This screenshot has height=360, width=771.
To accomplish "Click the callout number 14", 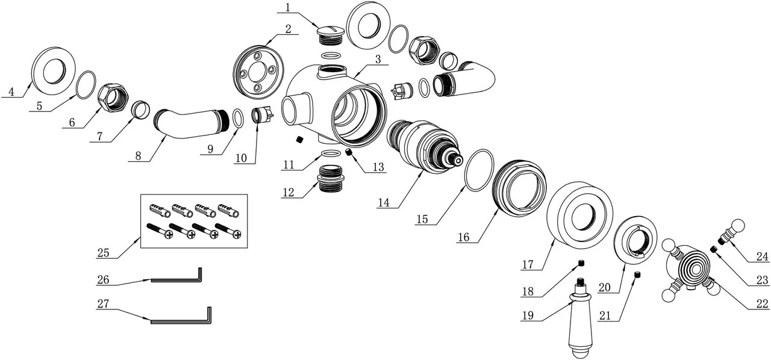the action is pos(384,203).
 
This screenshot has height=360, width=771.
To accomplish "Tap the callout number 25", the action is pos(103,253).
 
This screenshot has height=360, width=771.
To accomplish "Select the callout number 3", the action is pos(378,59).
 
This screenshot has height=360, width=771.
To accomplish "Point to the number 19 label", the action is pos(528,315).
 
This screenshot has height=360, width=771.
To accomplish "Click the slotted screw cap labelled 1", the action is pos(329,35).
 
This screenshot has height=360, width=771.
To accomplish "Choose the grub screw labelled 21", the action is pos(637,275).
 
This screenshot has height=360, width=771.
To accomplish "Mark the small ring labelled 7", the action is pos(141,110).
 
